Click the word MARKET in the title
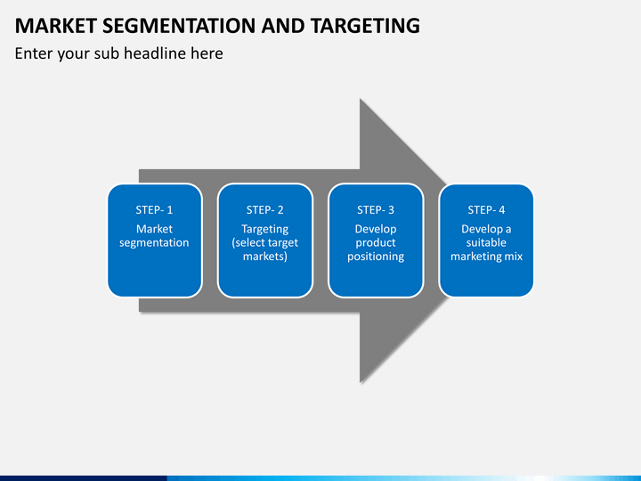55,26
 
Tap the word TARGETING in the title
365,26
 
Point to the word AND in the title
283,26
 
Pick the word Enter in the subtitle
33,53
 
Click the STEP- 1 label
154,210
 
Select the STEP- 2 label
265,210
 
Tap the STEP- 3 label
376,210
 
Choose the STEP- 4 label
486,210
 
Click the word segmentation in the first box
154,242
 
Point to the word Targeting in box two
265,229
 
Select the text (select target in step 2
265,242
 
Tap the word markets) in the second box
265,256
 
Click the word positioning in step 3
376,257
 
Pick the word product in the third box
376,242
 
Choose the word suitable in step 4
486,242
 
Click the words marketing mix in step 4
486,256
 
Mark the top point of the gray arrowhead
361,99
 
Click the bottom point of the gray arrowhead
361,382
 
